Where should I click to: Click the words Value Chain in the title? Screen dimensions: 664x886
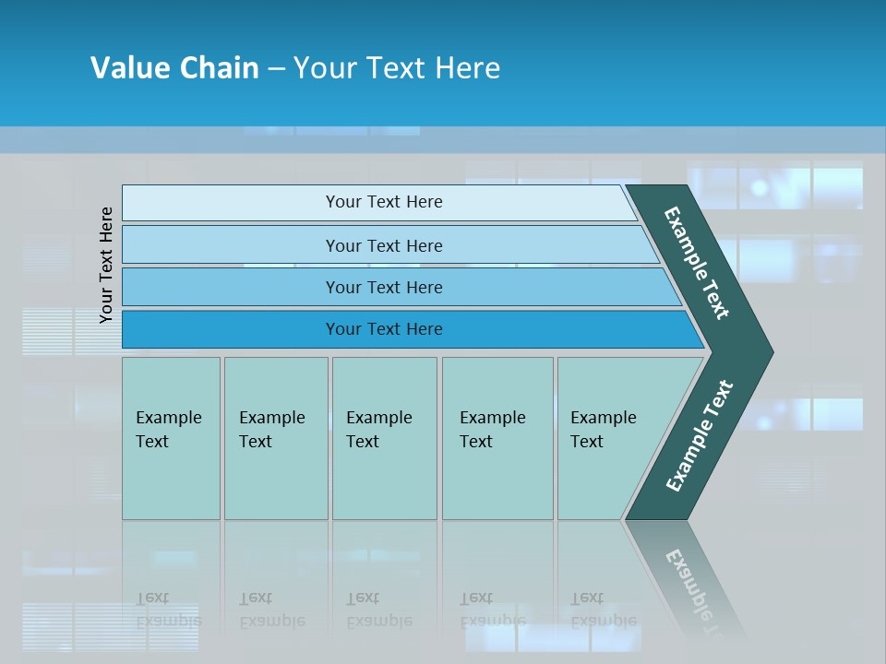(174, 68)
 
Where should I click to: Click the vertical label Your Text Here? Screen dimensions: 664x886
(106, 265)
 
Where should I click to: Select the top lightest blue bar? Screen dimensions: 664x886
(231, 203)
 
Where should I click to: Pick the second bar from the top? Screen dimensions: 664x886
(231, 245)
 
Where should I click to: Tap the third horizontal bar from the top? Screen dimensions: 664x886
(231, 288)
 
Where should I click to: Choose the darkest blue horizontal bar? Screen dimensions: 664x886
(231, 329)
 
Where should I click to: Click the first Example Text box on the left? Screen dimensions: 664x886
(171, 438)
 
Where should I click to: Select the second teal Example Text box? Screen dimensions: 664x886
(276, 438)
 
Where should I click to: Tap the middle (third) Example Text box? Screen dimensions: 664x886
(384, 438)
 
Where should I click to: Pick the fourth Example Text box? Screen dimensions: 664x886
(497, 438)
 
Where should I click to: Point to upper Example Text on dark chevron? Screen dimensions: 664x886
(697, 263)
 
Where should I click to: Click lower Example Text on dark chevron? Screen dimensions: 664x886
(700, 436)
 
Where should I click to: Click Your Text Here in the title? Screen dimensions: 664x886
(397, 68)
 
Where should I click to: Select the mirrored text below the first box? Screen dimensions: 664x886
(168, 610)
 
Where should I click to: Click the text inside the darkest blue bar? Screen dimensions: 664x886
(384, 329)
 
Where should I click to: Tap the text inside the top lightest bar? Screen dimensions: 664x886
(384, 202)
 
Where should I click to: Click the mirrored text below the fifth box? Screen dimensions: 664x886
(604, 610)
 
